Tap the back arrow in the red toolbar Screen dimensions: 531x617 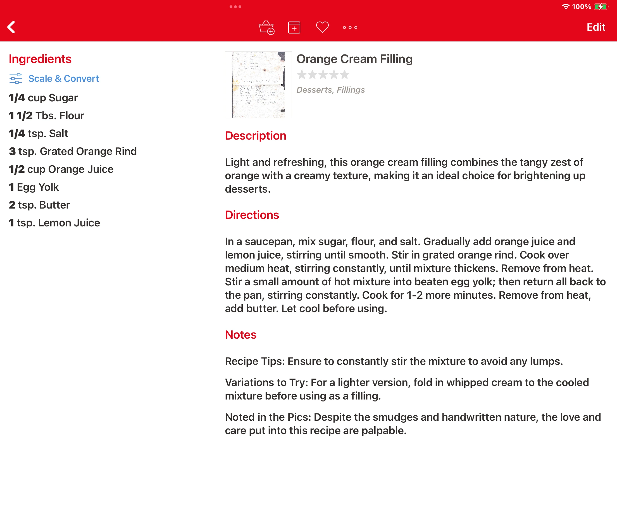[11, 27]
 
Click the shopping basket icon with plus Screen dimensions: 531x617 [266, 27]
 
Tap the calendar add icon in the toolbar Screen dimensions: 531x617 [294, 27]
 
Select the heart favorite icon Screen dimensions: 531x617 [322, 27]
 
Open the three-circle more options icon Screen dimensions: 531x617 [350, 27]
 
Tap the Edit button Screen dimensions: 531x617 [595, 27]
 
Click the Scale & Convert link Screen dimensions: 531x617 [63, 78]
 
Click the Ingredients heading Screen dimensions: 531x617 [40, 59]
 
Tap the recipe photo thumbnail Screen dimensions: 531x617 [258, 85]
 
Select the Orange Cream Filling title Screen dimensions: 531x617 [354, 59]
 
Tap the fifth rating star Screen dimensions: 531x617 [345, 75]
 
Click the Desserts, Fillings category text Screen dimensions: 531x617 [330, 90]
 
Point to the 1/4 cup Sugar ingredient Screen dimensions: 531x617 [44, 98]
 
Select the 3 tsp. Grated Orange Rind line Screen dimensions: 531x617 [73, 152]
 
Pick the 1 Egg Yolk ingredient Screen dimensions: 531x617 [34, 187]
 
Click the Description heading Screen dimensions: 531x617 [256, 136]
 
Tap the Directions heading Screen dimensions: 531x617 [252, 215]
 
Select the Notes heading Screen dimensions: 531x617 [240, 335]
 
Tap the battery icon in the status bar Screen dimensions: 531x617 [601, 6]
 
